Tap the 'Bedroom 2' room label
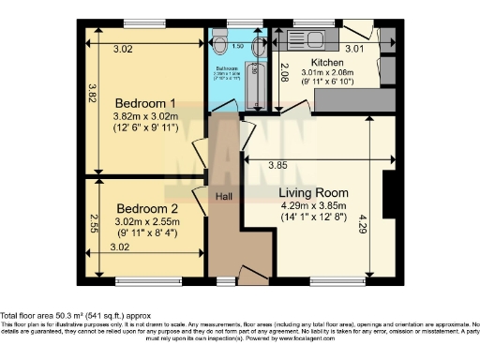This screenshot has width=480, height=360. [147, 208]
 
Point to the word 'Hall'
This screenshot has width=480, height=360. [224, 197]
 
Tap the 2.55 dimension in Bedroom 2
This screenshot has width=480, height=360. [94, 223]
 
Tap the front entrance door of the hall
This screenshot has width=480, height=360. [251, 275]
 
